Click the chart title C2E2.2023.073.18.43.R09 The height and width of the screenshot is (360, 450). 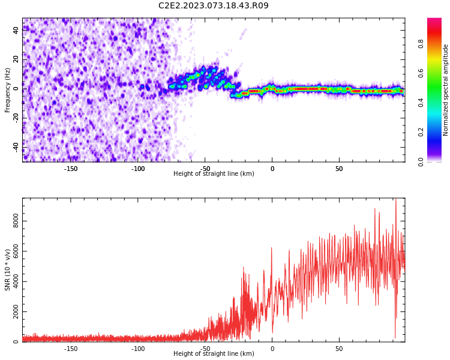coord(213,5)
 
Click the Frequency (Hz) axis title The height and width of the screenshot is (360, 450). coord(7,90)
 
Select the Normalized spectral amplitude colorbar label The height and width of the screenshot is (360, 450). coord(445,90)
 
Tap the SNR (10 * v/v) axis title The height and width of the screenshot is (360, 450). coord(7,270)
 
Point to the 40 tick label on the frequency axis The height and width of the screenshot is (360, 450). coord(16,30)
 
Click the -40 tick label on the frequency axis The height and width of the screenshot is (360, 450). coord(16,148)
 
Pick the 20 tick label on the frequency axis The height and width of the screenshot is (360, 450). coord(16,59)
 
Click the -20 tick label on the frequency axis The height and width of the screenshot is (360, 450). coord(16,118)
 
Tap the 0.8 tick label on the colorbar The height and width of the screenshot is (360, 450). coord(421,44)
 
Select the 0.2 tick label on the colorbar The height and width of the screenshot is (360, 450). coord(421,132)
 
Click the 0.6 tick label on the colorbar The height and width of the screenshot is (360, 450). coord(421,73)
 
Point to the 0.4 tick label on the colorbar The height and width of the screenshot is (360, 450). coord(421,103)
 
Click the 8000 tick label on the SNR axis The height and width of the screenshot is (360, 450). coord(16,221)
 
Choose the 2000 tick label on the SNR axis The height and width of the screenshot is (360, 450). coord(16,311)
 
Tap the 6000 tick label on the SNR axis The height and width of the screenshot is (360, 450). coord(16,251)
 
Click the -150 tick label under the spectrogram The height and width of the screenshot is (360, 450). coord(71,169)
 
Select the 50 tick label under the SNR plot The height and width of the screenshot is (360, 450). coord(339,349)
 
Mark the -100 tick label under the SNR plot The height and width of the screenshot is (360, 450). coord(138,349)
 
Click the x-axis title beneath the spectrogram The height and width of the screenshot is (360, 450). coord(214,173)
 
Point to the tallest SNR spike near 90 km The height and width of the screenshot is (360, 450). coord(396,199)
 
